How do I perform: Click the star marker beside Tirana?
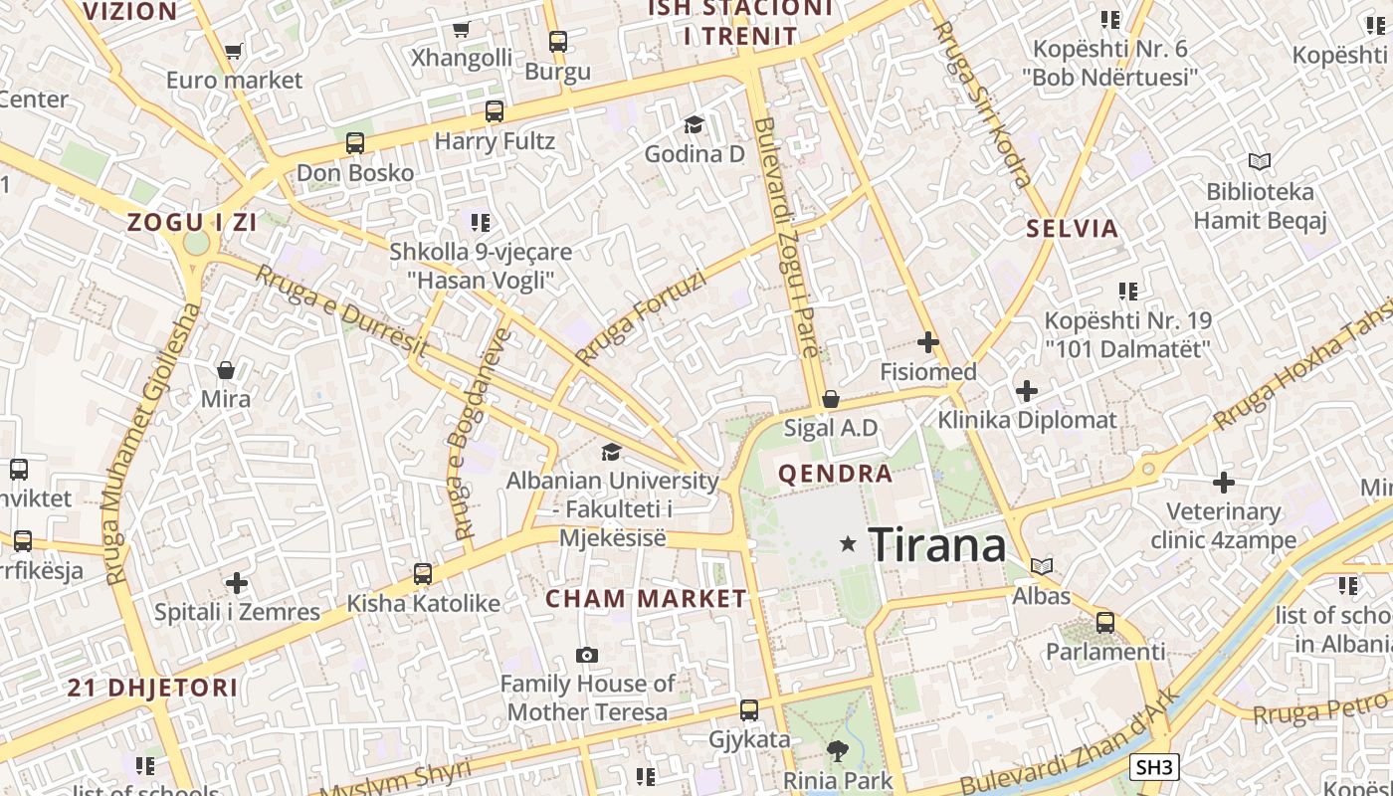[x=848, y=543]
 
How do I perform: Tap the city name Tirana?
[x=937, y=545]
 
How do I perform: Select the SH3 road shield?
[x=1155, y=767]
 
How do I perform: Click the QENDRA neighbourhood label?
[x=836, y=474]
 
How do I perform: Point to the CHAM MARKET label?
[x=646, y=598]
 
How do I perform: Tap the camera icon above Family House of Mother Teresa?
[x=587, y=655]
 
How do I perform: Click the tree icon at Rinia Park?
[x=836, y=751]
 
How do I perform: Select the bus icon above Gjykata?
[x=749, y=710]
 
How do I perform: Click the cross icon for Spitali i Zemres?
[x=237, y=582]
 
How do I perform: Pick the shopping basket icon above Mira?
[x=226, y=370]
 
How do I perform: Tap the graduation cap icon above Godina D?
[x=694, y=124]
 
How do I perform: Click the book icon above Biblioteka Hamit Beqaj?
[x=1260, y=161]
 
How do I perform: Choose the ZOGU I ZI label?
[x=192, y=222]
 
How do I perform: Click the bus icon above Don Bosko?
[x=355, y=143]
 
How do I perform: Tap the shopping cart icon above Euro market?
[x=234, y=51]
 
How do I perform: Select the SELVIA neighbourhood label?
[x=1073, y=228]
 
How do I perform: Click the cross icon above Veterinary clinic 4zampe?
[x=1224, y=484]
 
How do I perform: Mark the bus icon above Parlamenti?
[x=1105, y=623]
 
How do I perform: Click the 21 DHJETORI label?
[x=153, y=687]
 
